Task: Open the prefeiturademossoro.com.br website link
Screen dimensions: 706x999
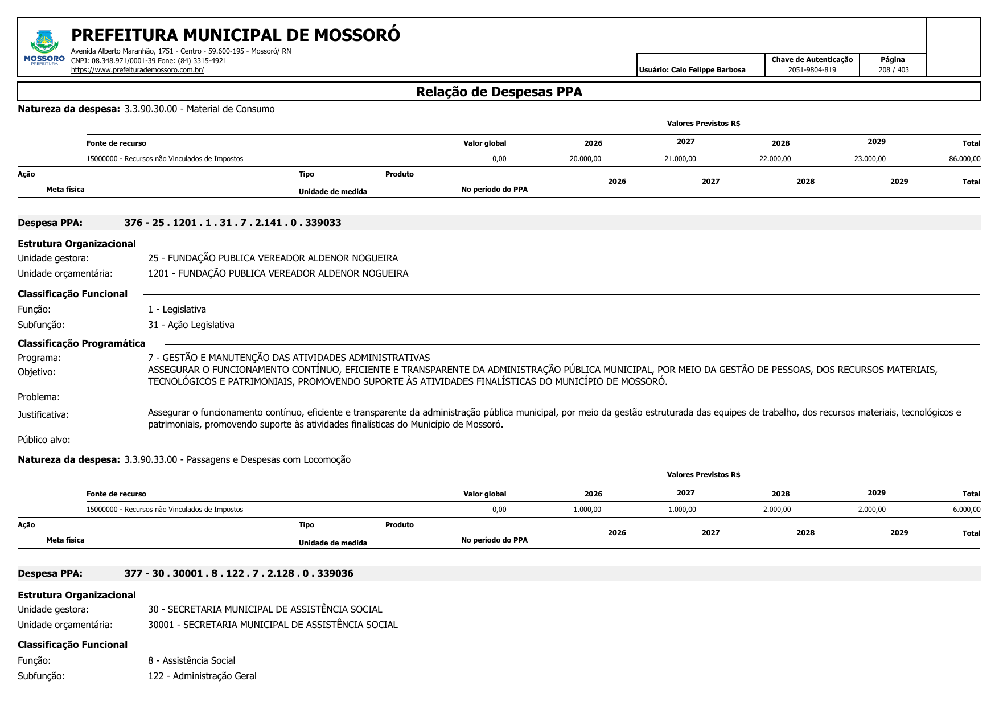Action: tap(137, 70)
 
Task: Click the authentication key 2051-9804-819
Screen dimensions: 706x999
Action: tap(812, 70)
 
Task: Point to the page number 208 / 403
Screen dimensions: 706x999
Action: tap(893, 70)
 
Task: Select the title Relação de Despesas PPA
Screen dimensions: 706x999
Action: tap(499, 92)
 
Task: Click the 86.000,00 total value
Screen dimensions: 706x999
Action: tap(964, 159)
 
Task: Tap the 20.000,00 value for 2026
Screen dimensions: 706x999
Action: tap(585, 159)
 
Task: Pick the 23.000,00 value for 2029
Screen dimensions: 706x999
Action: tap(869, 159)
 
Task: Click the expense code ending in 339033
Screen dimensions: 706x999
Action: tap(233, 223)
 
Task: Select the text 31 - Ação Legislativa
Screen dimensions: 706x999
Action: tap(191, 325)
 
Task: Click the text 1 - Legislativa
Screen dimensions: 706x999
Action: tap(177, 309)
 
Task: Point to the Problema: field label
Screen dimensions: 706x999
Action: tap(39, 397)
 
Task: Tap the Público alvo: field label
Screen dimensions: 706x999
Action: tap(44, 440)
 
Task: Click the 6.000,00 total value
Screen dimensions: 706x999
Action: tap(966, 510)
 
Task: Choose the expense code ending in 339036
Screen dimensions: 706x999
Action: tap(239, 573)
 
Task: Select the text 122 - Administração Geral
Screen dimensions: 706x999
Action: tap(202, 676)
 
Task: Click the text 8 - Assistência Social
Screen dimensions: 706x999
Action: tap(191, 660)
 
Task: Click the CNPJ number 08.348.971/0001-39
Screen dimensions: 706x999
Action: tap(126, 60)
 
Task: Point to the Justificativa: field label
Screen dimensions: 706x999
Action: tap(43, 414)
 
